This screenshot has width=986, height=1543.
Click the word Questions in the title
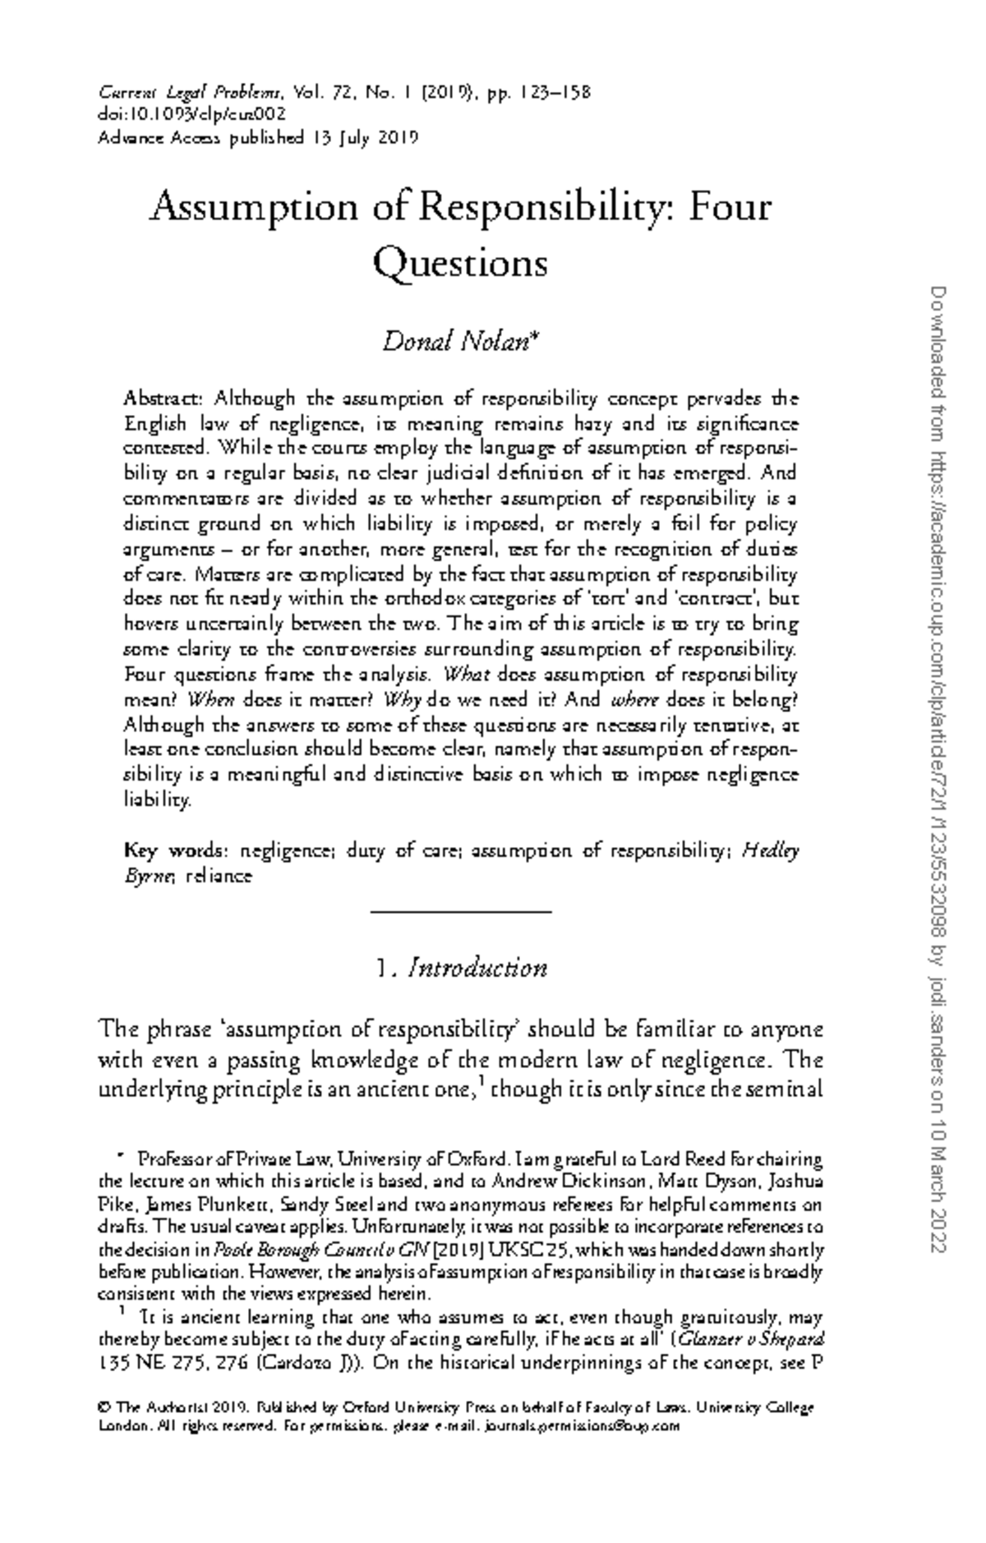(460, 264)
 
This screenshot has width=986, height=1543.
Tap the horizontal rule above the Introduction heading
(460, 910)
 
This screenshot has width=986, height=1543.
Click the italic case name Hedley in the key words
(770, 850)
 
